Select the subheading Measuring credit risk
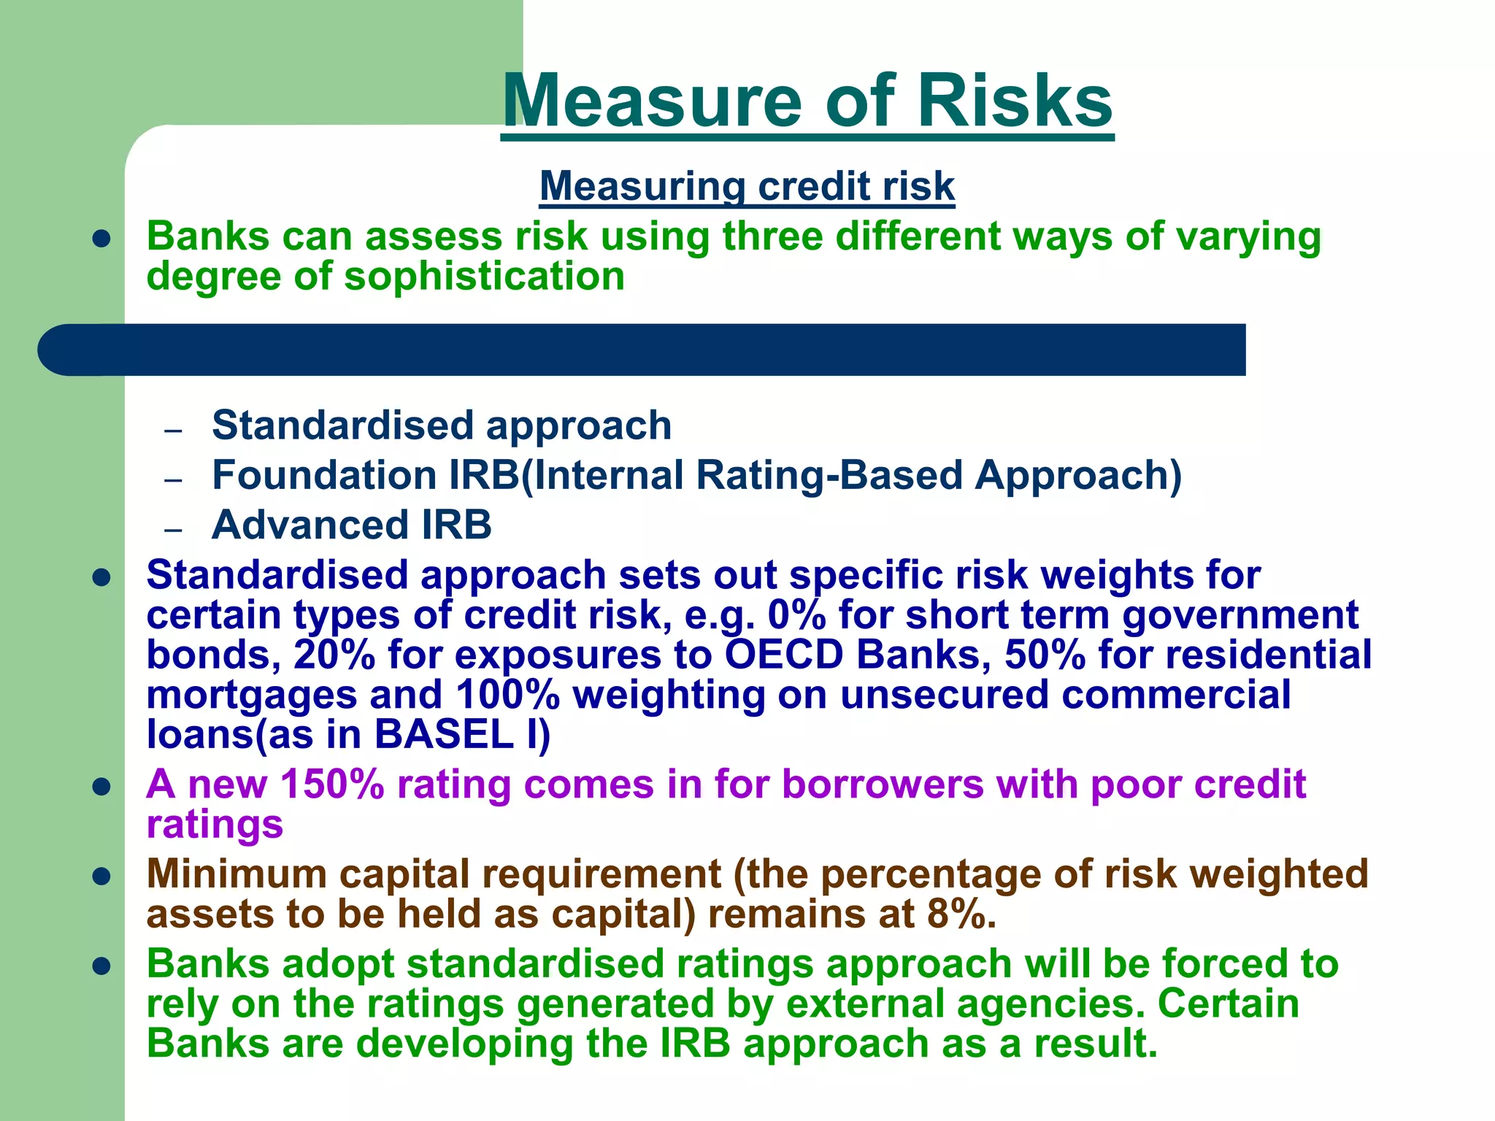pos(747,186)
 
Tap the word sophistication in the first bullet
pos(484,277)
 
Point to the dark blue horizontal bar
pos(642,350)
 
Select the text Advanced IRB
pos(351,525)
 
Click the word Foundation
pos(323,475)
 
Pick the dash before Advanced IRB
pos(173,528)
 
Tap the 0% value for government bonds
pos(796,615)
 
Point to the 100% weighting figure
pos(507,694)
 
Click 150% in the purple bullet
pos(332,785)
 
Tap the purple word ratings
pos(215,825)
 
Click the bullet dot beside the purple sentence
pos(101,787)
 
